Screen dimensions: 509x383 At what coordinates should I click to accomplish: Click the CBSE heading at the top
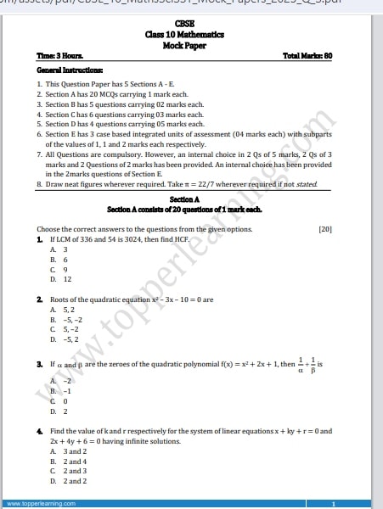pos(183,24)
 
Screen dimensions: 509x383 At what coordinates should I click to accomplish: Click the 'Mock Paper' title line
pos(183,45)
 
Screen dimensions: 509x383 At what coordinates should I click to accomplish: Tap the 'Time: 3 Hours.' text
pos(60,56)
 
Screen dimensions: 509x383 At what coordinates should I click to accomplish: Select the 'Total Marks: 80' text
pos(307,56)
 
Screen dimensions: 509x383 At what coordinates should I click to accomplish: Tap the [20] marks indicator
pos(325,229)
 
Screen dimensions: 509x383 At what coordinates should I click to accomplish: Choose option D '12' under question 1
pos(61,278)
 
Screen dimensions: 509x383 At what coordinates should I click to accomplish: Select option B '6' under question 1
pos(59,260)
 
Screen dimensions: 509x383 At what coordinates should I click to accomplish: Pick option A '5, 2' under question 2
pos(61,310)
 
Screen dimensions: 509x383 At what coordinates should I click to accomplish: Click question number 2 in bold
pos(39,299)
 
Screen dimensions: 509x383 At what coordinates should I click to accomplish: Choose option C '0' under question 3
pos(59,401)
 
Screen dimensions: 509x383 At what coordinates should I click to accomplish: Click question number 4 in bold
pos(39,431)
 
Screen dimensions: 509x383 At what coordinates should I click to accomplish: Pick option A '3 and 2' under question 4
pos(68,451)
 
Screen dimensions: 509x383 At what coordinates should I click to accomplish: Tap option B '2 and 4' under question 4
pos(68,461)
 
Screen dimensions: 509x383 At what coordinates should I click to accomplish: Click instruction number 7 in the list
pos(40,156)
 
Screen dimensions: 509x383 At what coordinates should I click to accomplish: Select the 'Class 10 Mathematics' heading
pos(183,34)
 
